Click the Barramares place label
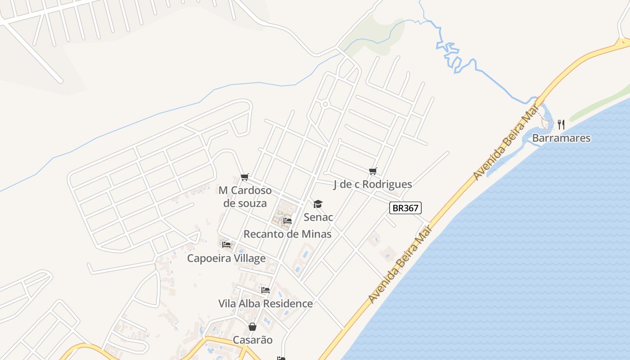point(561,138)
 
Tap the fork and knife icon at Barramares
point(561,124)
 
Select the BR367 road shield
point(405,208)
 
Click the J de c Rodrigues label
point(373,184)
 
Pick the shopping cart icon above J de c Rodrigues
point(373,171)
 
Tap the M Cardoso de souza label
point(245,197)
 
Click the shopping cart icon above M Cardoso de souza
point(244,177)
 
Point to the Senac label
point(318,217)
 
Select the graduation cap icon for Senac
point(318,204)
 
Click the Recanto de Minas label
point(288,234)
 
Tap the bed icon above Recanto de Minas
point(288,220)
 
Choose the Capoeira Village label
point(226,258)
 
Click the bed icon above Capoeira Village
point(226,244)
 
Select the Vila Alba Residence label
point(265,303)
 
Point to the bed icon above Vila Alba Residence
point(265,290)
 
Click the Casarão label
point(252,340)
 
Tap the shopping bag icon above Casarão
point(252,326)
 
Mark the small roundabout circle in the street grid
point(326,104)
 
